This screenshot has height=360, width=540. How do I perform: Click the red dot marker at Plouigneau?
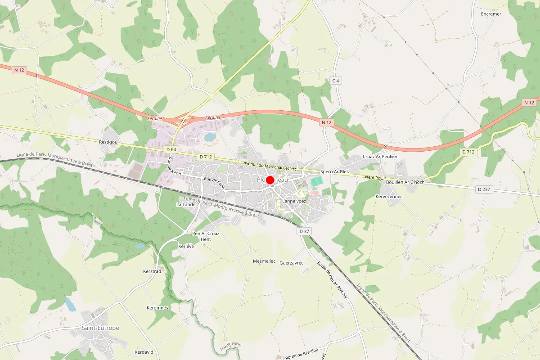point(270,180)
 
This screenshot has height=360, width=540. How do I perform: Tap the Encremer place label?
point(491,14)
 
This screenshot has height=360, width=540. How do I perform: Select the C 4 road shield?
point(335,81)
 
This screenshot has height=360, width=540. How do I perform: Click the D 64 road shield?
point(171,149)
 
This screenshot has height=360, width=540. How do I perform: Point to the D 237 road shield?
point(484,189)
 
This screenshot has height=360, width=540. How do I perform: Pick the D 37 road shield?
point(304,231)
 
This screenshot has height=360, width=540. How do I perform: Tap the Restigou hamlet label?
point(108,142)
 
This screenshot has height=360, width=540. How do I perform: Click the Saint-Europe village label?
point(100,328)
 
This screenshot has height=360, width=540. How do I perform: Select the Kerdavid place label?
point(144,352)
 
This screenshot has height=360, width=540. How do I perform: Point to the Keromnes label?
point(157,308)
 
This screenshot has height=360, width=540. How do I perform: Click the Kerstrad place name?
point(152,271)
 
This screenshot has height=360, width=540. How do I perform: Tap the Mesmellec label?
point(264,261)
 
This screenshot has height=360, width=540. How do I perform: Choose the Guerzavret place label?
point(291,263)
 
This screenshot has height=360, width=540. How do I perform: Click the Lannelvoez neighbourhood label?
point(294,201)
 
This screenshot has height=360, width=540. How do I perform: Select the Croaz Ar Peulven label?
point(381,157)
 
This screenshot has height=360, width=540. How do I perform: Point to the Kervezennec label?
point(389,197)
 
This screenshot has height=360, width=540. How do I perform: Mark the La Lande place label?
point(186,204)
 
